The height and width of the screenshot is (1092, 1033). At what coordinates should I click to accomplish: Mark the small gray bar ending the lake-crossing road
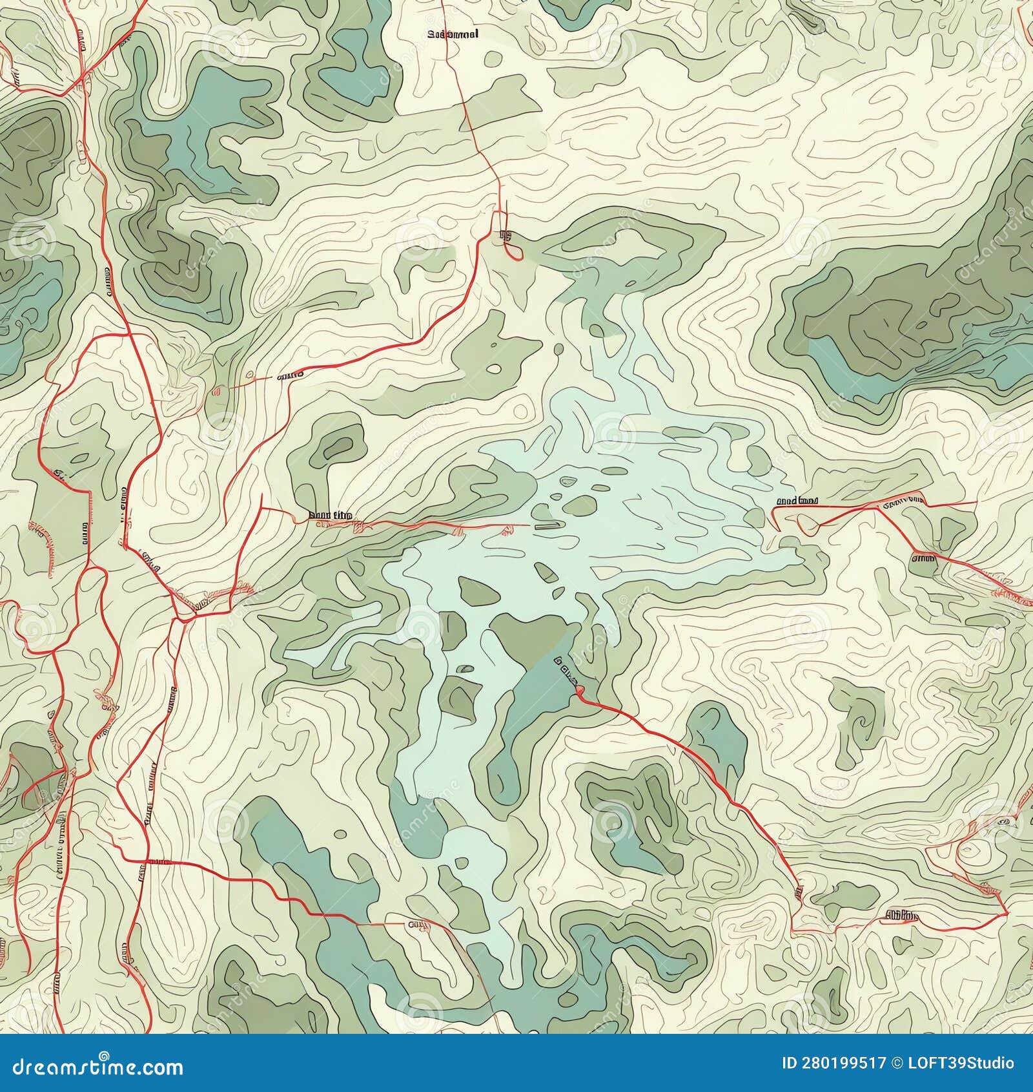tap(544, 526)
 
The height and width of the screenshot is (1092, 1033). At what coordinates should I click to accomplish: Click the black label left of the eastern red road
tap(797, 499)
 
